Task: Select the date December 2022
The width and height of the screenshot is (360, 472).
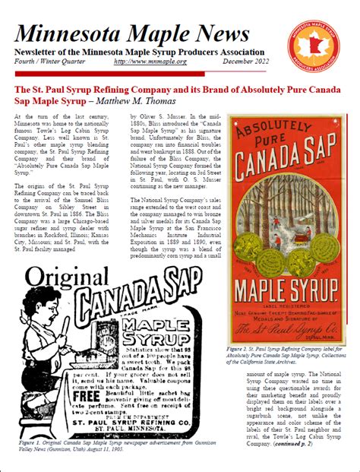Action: tap(253, 70)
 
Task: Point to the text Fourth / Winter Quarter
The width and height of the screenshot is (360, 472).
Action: tap(50, 70)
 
